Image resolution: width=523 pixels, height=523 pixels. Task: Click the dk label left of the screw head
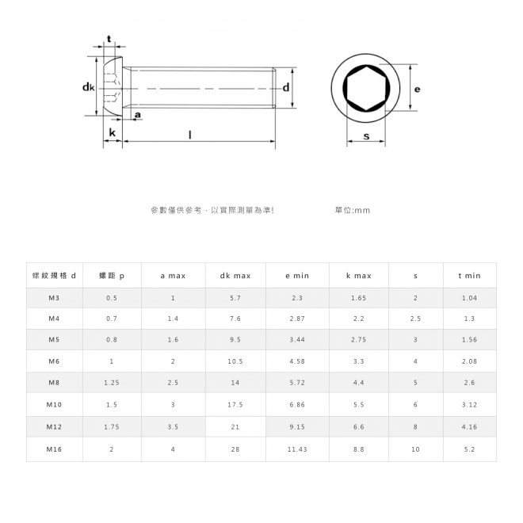[x=89, y=87]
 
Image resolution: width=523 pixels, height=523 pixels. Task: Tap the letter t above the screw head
[x=109, y=40]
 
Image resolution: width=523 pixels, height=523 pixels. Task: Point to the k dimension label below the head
[x=112, y=133]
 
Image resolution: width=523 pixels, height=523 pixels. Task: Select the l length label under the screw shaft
[x=190, y=135]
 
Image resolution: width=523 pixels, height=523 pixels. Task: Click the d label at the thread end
[x=286, y=87]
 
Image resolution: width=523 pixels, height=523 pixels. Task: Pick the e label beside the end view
[x=417, y=90]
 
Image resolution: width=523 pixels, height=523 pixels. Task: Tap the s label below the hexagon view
[x=366, y=136]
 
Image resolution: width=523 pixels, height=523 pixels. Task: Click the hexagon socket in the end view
[x=366, y=89]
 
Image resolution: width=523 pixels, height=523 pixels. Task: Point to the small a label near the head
[x=138, y=115]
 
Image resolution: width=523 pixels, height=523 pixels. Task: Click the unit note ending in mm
[x=353, y=210]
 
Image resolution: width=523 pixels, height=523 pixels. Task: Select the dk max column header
[x=235, y=276]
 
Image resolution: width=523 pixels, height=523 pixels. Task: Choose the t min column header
[x=469, y=276]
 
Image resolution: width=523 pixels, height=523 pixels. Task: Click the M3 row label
[x=54, y=298]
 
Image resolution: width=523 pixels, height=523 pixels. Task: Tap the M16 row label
[x=54, y=449]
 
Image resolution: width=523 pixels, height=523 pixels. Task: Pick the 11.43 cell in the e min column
[x=297, y=449]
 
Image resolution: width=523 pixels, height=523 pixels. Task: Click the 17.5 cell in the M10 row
[x=235, y=405]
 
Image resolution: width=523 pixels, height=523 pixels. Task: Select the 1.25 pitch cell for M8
[x=112, y=383]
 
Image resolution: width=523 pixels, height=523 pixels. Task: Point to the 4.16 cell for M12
[x=469, y=426]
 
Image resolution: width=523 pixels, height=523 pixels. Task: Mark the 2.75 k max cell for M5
[x=358, y=339]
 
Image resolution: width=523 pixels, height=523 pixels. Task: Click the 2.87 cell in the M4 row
[x=297, y=319]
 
